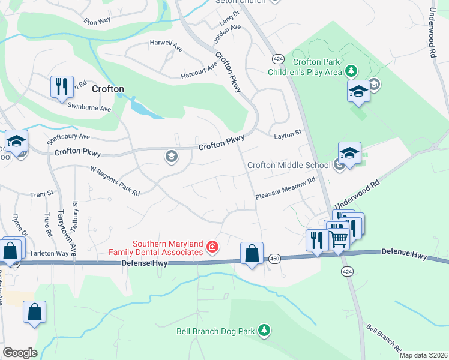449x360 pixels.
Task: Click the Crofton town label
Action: pos(108,89)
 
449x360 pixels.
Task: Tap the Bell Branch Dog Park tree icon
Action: pos(263,331)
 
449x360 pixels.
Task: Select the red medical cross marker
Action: pos(211,247)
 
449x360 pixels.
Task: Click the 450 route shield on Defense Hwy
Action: pos(274,257)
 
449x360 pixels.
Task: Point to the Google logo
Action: pos(20,353)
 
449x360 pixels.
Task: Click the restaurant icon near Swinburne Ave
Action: pos(62,87)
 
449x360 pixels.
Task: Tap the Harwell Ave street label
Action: pos(166,44)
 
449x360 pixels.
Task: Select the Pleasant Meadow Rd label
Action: pos(285,188)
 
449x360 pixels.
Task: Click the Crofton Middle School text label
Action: pos(289,165)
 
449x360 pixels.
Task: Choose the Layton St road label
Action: pos(287,135)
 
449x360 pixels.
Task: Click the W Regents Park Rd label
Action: pos(115,181)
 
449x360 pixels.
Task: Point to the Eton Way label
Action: pos(97,21)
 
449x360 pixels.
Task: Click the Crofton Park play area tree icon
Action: pos(351,72)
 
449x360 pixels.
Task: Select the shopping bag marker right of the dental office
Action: pos(252,253)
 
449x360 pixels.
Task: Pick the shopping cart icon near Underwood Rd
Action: pos(339,239)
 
